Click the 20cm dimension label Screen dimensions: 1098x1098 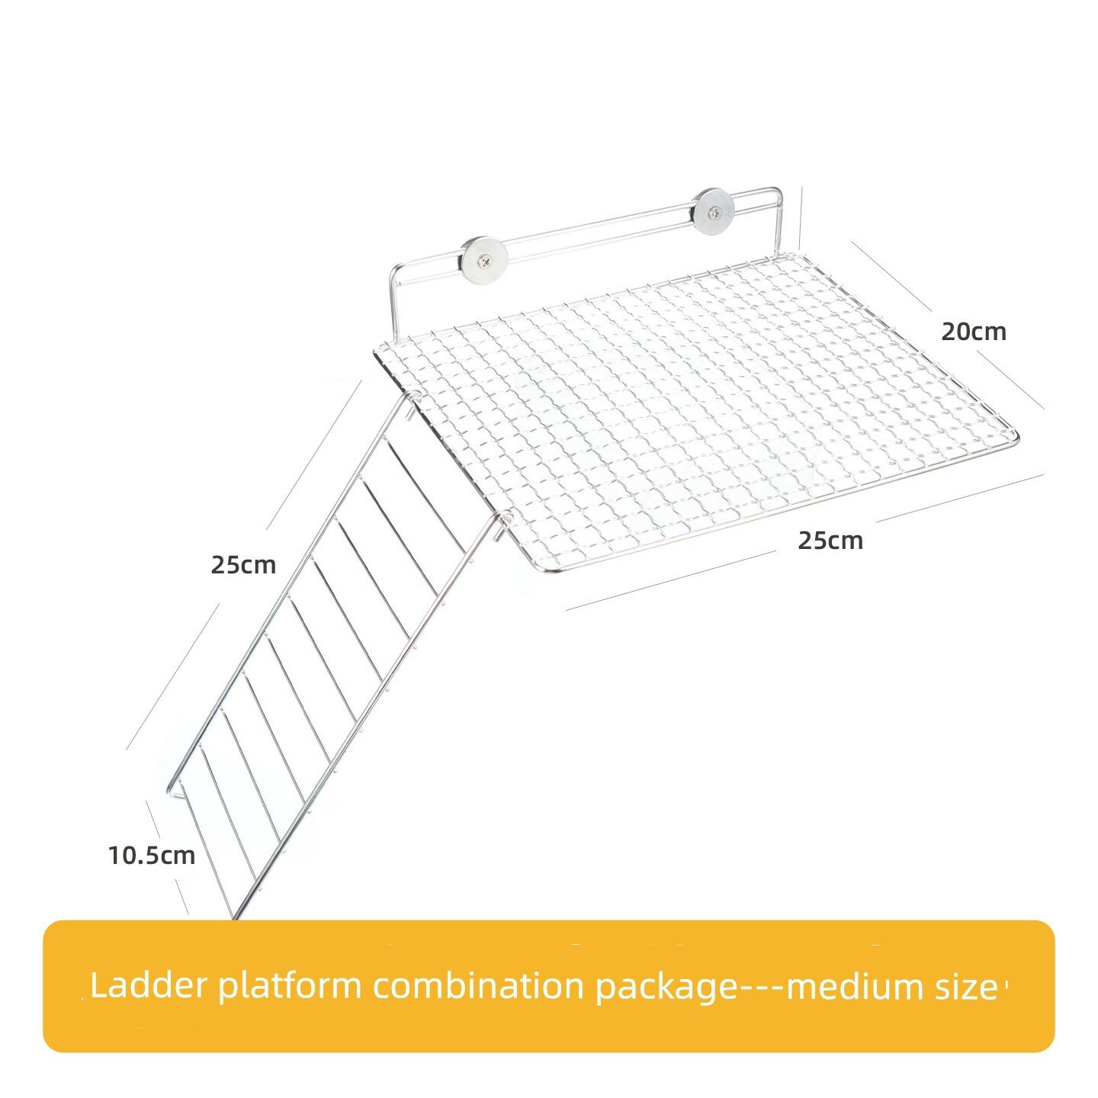coord(974,332)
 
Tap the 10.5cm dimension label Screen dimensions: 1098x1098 coord(152,856)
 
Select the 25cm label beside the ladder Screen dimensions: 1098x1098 coord(243,565)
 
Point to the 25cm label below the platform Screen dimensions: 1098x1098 coord(830,540)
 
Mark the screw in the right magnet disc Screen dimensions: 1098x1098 coord(713,213)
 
